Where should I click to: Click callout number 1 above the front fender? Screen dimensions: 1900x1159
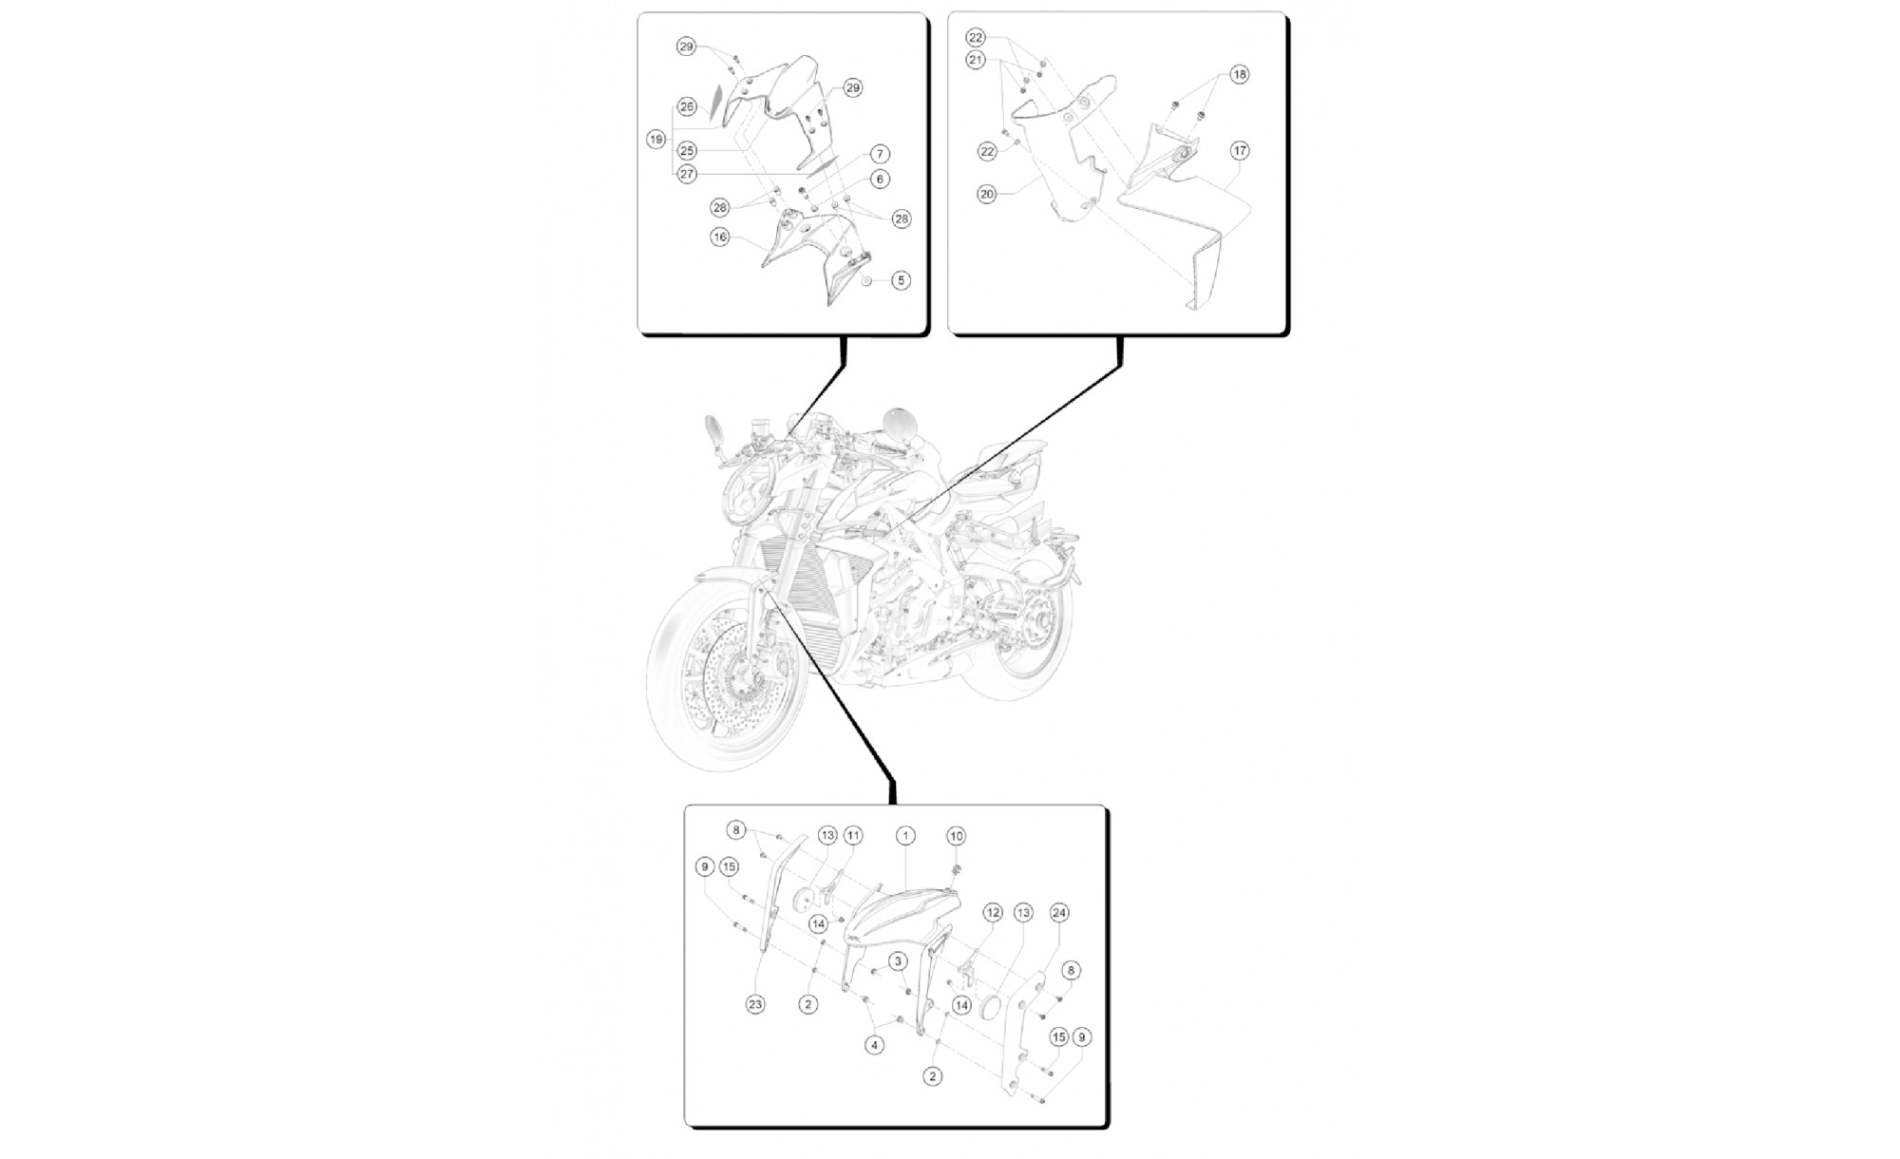click(x=906, y=836)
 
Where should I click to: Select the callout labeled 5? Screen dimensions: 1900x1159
click(x=901, y=280)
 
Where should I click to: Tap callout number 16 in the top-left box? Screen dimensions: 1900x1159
click(x=719, y=237)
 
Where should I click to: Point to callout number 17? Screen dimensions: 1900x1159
click(x=1240, y=150)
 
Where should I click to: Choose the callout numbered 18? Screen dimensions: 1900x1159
click(x=1240, y=74)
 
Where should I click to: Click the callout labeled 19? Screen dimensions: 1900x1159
click(x=655, y=140)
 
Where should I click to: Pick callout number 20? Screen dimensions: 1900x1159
click(x=986, y=194)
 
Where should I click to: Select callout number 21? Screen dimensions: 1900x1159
click(x=976, y=60)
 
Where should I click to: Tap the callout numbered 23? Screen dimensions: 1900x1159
click(x=755, y=1004)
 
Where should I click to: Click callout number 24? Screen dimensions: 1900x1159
click(x=1059, y=913)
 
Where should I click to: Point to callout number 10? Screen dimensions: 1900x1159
click(x=957, y=836)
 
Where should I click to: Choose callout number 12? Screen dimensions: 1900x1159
click(x=993, y=913)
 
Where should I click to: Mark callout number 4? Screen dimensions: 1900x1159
click(x=874, y=1045)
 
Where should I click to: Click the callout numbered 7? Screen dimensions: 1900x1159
click(x=880, y=154)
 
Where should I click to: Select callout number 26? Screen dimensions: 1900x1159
click(x=687, y=107)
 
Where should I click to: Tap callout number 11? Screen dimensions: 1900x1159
click(x=853, y=836)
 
